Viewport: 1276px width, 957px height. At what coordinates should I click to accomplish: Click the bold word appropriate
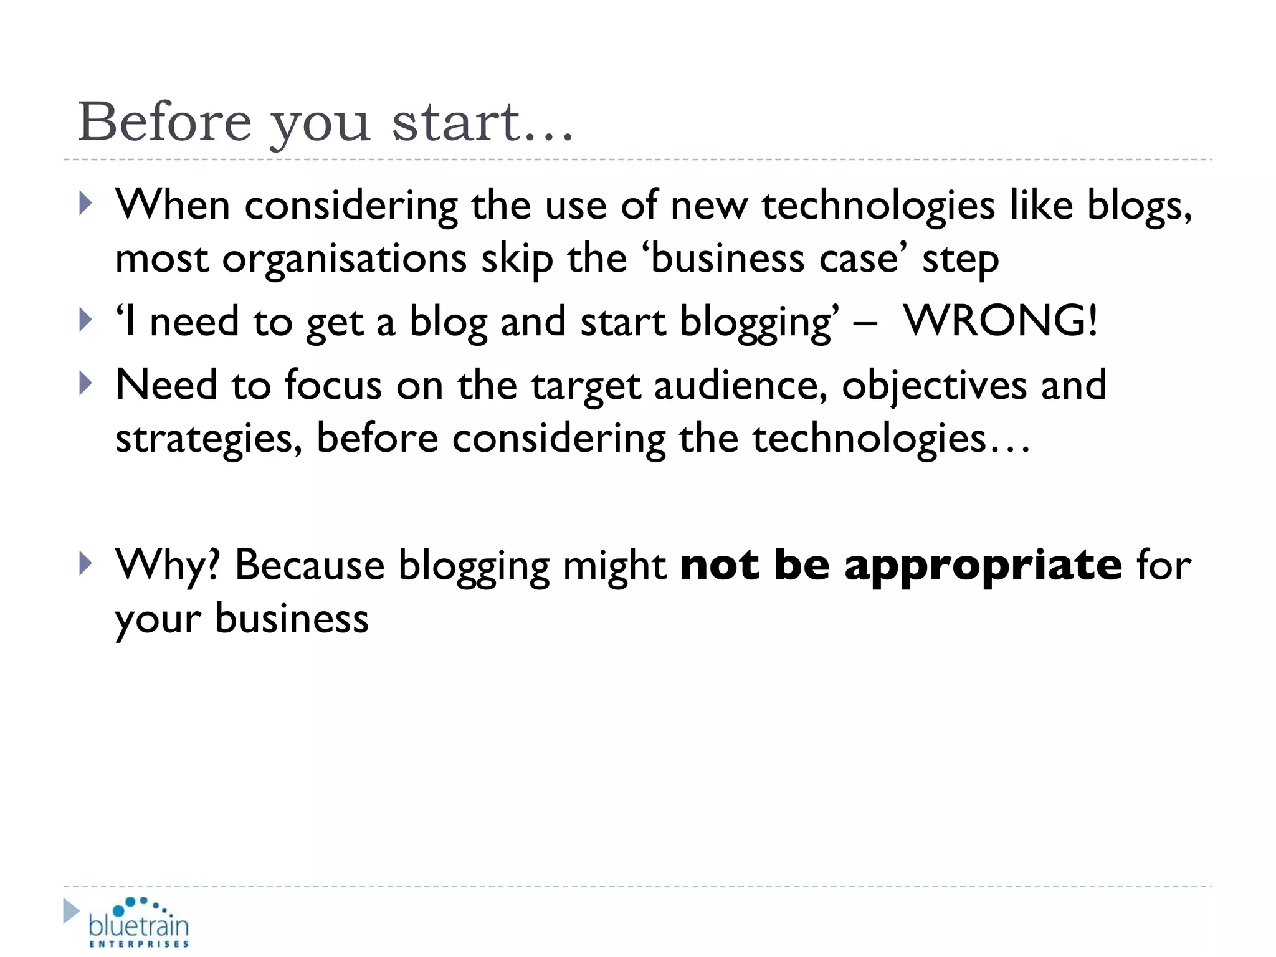click(983, 566)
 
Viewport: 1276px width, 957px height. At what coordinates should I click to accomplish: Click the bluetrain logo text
click(138, 925)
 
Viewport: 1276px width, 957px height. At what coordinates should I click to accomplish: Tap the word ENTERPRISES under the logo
click(139, 945)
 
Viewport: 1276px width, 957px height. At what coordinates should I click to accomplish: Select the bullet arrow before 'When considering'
click(86, 204)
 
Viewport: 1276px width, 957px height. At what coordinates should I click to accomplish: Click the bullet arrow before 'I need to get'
click(86, 320)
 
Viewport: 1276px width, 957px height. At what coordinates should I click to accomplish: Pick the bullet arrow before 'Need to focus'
click(86, 384)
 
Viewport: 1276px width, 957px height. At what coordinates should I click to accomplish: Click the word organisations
click(345, 259)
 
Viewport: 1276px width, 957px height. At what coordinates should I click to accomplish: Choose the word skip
click(517, 259)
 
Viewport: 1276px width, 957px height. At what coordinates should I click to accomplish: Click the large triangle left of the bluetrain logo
click(71, 911)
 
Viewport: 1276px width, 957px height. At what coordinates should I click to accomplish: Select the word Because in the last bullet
click(310, 566)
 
